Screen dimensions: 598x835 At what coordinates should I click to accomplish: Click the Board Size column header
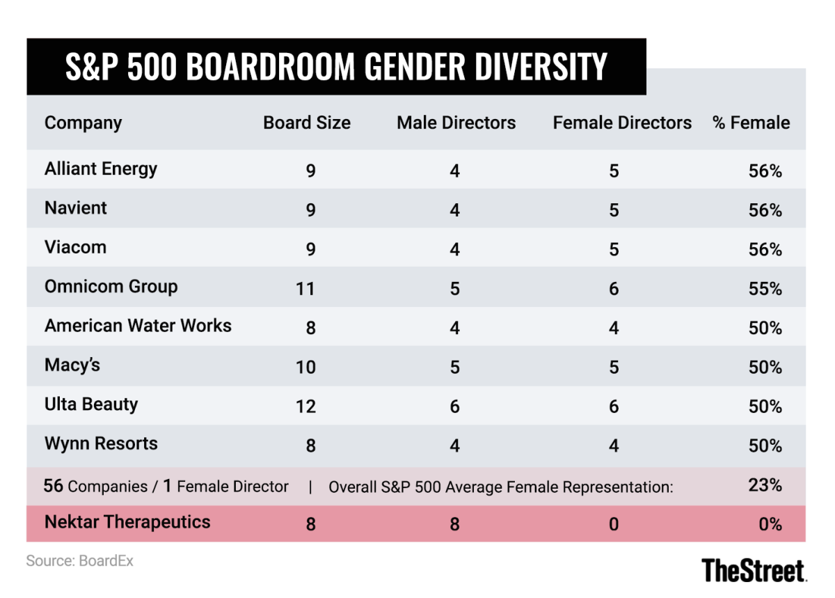tap(307, 123)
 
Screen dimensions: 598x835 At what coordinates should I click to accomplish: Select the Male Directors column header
tap(456, 123)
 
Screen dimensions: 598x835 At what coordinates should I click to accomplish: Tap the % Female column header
tap(751, 123)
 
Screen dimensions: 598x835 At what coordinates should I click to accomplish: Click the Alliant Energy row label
tap(101, 169)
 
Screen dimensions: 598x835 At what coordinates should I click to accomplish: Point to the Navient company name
tap(76, 208)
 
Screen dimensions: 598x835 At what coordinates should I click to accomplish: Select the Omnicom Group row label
tap(111, 287)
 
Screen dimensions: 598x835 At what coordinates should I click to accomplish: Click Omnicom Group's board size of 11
tap(305, 289)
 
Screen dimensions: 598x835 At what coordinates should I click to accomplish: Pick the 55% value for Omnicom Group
tap(765, 289)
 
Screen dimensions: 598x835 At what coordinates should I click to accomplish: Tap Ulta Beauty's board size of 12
tap(305, 407)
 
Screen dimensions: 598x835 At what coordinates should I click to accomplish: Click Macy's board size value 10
tap(305, 368)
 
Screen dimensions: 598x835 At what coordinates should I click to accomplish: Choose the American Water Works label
tap(138, 326)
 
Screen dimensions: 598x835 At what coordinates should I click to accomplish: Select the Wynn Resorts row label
tap(101, 443)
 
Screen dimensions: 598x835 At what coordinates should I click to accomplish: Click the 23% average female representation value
tap(765, 485)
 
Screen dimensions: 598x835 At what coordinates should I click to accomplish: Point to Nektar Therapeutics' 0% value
tap(770, 524)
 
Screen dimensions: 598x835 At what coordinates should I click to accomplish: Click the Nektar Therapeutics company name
tap(127, 522)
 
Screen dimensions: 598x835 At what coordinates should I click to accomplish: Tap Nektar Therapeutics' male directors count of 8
tap(454, 524)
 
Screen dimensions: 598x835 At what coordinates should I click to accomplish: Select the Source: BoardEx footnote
tap(79, 560)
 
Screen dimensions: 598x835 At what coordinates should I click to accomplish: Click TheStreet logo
tap(754, 570)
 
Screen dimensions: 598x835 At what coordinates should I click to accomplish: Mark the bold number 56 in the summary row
tap(54, 486)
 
